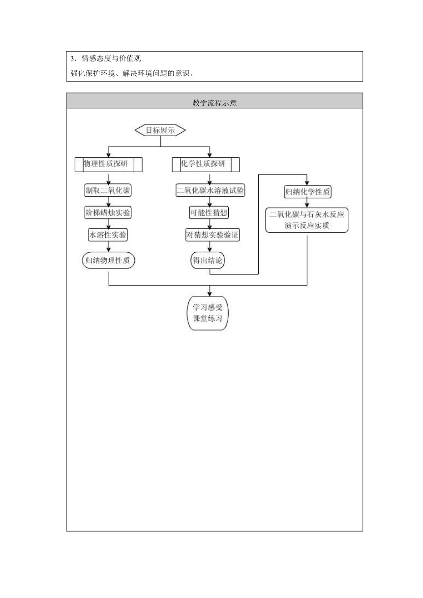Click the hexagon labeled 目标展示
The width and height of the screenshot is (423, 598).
[160, 130]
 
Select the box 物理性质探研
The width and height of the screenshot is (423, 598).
[108, 164]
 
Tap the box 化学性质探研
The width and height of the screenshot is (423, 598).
[206, 164]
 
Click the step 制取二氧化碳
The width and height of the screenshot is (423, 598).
[108, 190]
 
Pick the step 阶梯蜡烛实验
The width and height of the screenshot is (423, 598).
[108, 212]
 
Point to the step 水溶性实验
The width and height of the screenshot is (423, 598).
[108, 235]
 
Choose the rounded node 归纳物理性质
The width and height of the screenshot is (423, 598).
[108, 260]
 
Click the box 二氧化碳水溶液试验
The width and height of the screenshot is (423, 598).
[210, 190]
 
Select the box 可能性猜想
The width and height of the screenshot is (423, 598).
[209, 212]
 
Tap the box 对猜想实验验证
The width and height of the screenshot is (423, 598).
[212, 235]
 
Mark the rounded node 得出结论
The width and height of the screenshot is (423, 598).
[208, 260]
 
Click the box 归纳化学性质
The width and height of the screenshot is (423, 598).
[307, 192]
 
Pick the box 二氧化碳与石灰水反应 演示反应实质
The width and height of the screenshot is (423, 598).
[307, 220]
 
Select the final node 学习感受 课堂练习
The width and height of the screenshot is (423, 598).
[208, 313]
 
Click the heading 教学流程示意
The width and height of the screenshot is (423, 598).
[214, 103]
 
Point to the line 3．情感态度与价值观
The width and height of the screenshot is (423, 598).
[106, 59]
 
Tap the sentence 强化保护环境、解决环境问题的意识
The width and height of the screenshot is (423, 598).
[132, 73]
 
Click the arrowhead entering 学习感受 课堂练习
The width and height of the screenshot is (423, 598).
[210, 294]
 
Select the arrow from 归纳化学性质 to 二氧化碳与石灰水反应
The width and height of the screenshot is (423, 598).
[307, 203]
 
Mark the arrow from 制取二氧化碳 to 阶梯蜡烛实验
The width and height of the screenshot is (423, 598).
[109, 202]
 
